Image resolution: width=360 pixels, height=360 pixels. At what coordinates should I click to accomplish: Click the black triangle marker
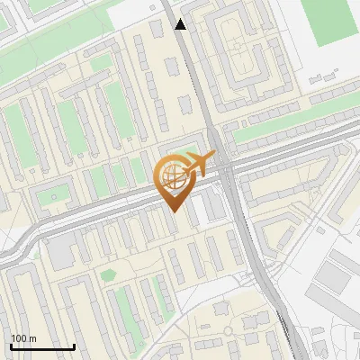pyautogui.click(x=181, y=24)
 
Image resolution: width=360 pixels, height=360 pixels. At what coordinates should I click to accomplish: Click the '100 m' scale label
pyautogui.click(x=23, y=338)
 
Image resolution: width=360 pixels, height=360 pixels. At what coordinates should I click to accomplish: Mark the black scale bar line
pyautogui.click(x=42, y=346)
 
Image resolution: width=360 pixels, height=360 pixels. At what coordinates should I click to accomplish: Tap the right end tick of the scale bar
pyautogui.click(x=74, y=345)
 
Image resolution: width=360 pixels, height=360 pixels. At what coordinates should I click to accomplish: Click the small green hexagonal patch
pyautogui.click(x=108, y=274)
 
